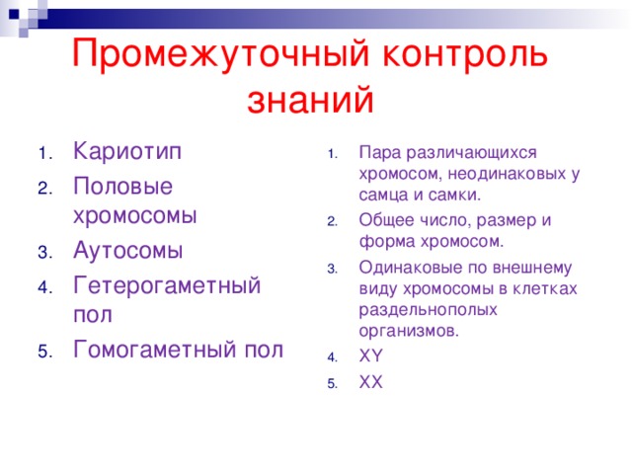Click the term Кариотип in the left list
pyautogui.click(x=127, y=154)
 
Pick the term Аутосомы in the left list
pyautogui.click(x=128, y=251)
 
